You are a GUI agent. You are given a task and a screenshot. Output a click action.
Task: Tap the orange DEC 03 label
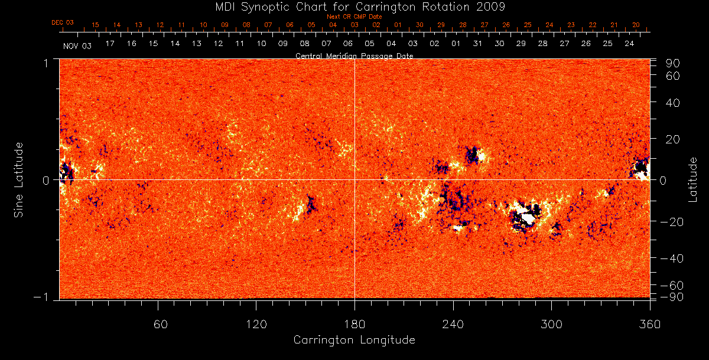[x=62, y=22]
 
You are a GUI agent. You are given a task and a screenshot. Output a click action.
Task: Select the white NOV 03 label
[x=77, y=45]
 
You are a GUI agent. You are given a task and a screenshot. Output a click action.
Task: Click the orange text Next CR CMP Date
[x=354, y=17]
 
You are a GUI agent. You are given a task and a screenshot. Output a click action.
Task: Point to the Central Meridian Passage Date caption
[x=354, y=55]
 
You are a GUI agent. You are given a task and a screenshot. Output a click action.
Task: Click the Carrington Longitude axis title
[x=354, y=340]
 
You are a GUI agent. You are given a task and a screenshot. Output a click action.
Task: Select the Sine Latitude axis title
[x=19, y=179]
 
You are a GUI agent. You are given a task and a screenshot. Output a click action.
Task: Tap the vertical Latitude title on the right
[x=693, y=179]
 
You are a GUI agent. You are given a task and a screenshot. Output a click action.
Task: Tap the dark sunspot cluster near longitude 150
[x=309, y=205]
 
